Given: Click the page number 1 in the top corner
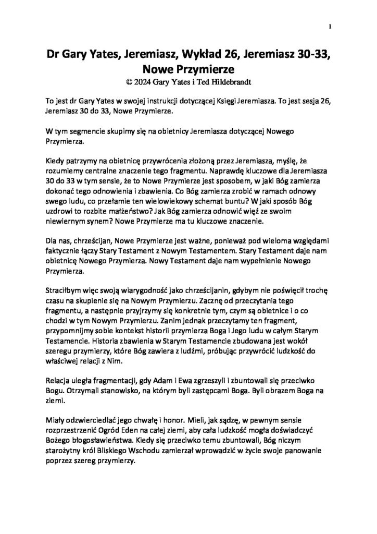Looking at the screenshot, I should [x=331, y=26].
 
